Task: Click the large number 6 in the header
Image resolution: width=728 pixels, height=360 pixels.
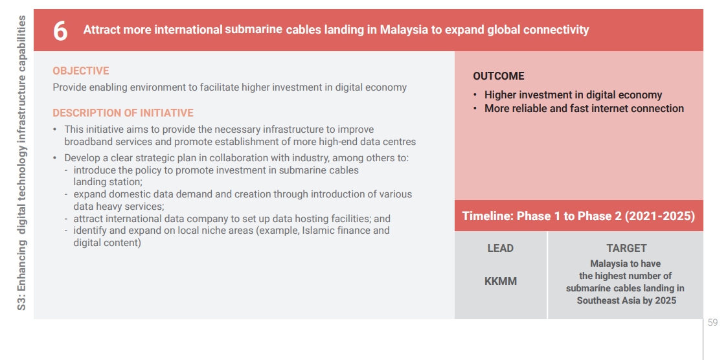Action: [60, 31]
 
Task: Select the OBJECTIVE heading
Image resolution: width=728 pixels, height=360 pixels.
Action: [81, 71]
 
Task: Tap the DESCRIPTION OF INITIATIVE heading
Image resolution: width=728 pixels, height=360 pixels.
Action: [123, 113]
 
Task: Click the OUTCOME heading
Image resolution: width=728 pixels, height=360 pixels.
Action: [499, 76]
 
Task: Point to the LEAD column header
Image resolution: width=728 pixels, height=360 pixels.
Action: [501, 248]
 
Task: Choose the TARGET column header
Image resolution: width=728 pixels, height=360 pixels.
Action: [626, 248]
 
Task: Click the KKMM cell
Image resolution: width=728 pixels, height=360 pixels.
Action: [501, 281]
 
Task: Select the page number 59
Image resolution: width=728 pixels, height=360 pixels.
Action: [712, 322]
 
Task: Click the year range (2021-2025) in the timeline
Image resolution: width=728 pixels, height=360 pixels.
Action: [660, 216]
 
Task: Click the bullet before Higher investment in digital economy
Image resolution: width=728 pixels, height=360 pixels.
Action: [475, 95]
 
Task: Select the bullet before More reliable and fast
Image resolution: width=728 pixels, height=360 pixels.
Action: [475, 109]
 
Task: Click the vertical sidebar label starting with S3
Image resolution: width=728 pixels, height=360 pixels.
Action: [21, 163]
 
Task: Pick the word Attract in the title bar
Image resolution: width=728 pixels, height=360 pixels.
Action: [103, 30]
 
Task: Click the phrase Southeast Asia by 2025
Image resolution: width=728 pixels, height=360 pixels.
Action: [626, 300]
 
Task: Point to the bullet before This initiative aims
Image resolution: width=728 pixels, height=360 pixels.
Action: [55, 129]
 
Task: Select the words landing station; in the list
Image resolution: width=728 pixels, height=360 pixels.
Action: [108, 183]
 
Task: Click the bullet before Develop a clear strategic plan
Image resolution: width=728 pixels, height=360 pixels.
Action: [55, 158]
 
